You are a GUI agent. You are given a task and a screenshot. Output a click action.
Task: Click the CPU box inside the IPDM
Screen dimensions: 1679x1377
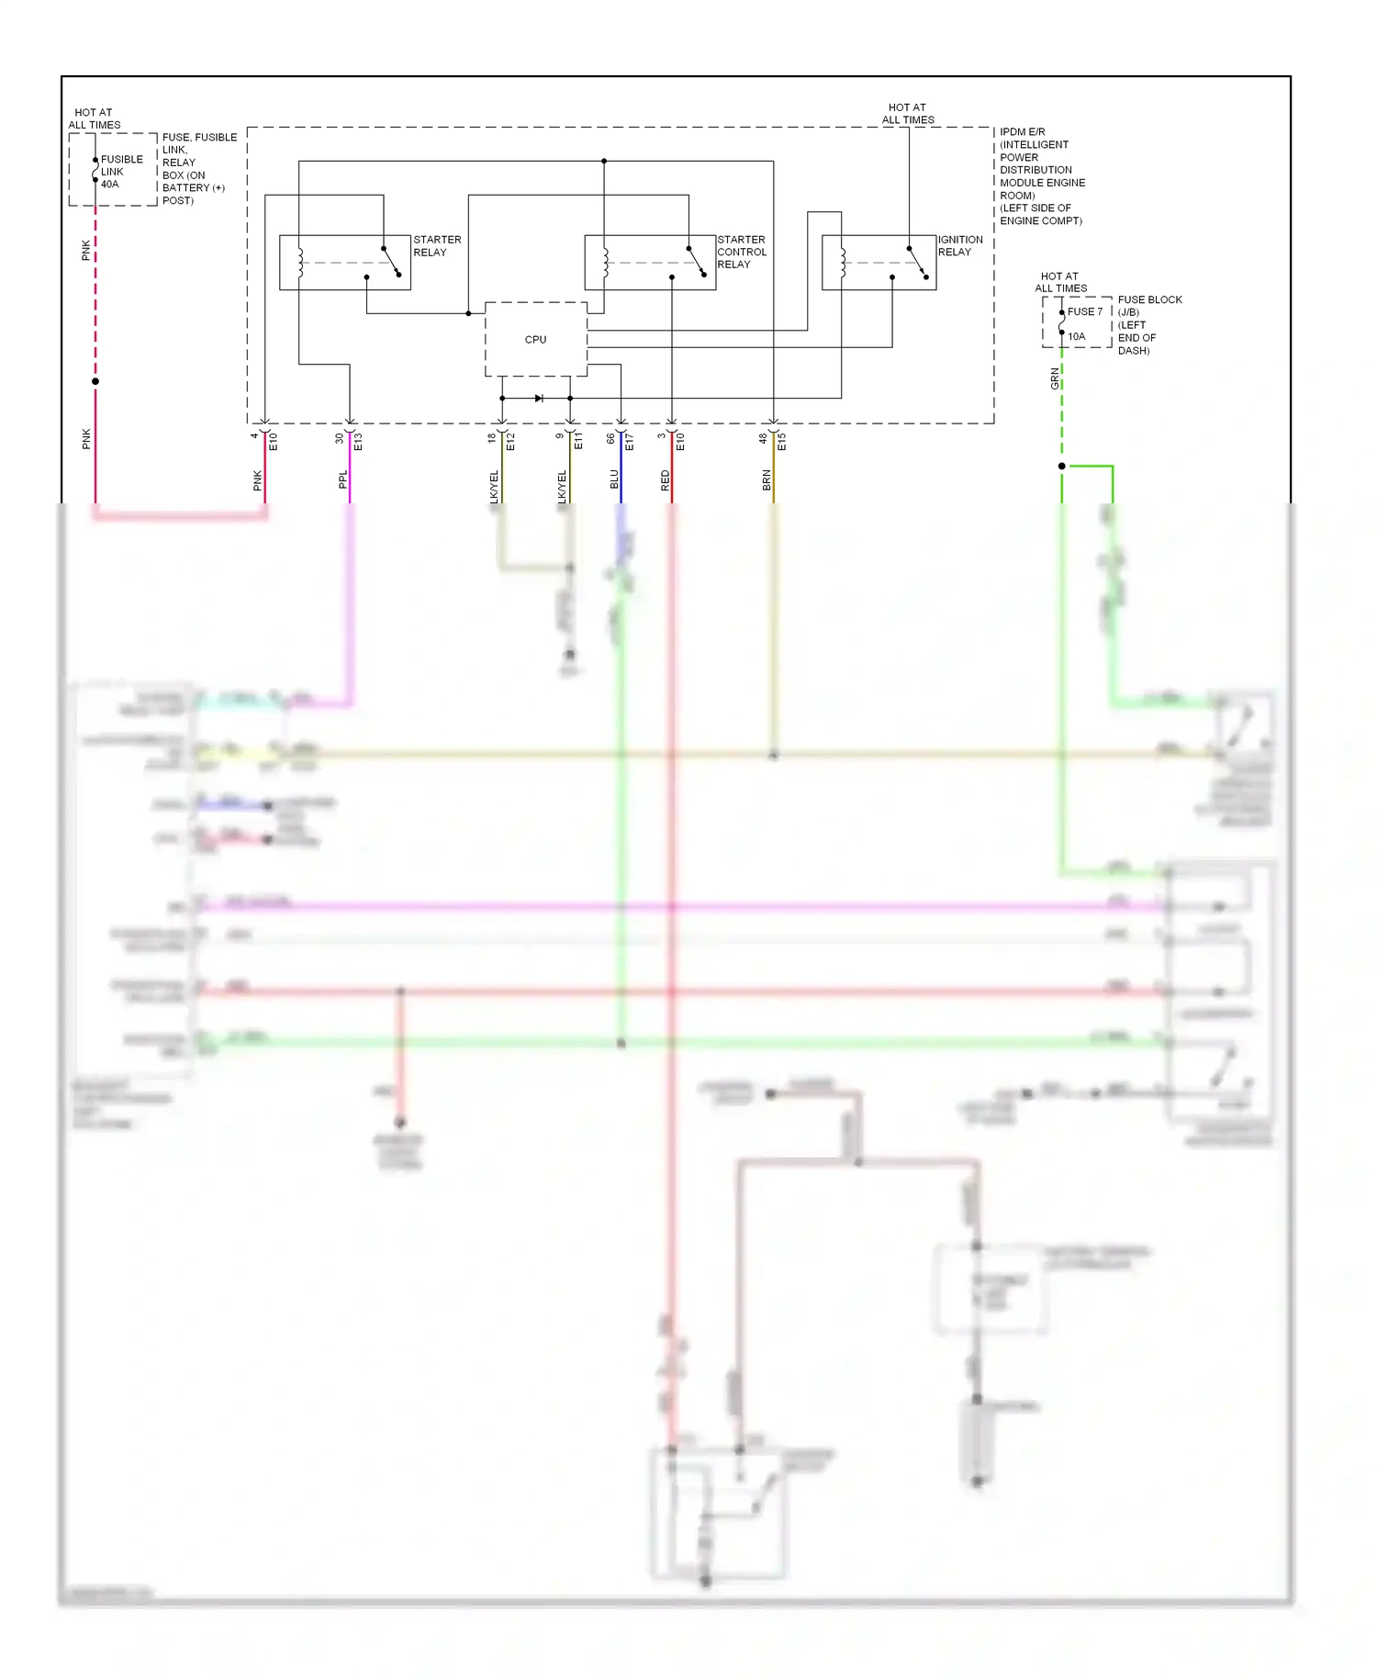pos(535,340)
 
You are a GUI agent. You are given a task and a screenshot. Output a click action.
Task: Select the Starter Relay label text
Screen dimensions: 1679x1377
pos(437,246)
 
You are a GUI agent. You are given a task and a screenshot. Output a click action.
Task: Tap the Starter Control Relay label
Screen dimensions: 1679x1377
pos(741,252)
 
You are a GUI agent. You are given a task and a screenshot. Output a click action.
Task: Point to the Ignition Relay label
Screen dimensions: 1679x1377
pos(959,245)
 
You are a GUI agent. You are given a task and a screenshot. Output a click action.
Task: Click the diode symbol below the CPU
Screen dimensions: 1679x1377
pos(539,398)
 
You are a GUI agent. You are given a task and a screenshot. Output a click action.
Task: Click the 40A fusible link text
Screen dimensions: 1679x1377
pos(110,184)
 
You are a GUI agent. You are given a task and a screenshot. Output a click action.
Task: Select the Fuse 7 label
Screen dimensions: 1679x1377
pos(1084,311)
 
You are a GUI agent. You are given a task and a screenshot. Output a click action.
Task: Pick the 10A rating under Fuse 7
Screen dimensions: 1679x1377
pos(1076,336)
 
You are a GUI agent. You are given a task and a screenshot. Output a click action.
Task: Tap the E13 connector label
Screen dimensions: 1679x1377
pos(358,441)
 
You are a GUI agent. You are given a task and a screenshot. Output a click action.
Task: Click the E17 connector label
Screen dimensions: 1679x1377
pos(629,442)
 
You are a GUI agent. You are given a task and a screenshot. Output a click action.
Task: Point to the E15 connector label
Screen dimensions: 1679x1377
pos(782,442)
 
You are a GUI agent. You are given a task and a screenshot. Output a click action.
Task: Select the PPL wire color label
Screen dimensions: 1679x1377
pos(342,479)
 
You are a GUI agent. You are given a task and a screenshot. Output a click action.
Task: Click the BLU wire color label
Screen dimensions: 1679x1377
pos(614,479)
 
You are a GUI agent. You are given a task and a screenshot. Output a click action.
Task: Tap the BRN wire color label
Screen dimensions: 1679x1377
pos(767,479)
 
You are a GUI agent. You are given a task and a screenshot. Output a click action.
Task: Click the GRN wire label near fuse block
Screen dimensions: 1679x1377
pos(1055,378)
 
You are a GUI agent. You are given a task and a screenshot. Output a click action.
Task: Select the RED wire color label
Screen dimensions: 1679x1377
pos(666,480)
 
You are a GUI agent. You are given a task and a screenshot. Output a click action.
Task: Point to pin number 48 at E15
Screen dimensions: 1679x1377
pos(763,439)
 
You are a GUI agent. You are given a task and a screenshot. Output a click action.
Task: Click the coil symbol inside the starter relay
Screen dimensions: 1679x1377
pos(300,263)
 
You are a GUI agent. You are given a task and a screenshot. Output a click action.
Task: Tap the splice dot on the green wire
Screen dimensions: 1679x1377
pos(1062,467)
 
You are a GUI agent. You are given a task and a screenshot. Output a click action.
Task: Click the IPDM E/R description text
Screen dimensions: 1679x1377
pos(1041,176)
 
